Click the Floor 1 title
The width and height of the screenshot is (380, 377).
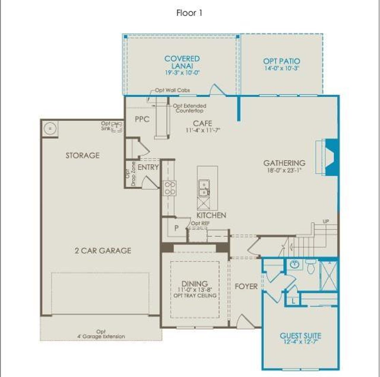(189, 13)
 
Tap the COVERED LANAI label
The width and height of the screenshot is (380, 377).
(182, 62)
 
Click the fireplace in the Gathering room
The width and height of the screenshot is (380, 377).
(332, 157)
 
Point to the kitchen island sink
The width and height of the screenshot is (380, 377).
(204, 189)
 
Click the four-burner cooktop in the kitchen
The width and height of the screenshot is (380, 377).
(170, 188)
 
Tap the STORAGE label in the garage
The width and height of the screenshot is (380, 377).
(83, 155)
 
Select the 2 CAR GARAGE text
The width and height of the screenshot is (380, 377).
(103, 251)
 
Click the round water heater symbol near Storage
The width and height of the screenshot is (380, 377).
(50, 129)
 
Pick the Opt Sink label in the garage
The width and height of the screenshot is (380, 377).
(105, 126)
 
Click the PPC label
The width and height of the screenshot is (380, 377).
(142, 119)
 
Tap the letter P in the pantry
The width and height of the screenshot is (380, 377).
(176, 228)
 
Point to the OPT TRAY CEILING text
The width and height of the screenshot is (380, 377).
(195, 296)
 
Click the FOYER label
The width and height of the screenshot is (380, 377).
(246, 286)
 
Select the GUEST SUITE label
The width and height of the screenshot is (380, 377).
(300, 336)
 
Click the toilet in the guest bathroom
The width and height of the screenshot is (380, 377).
(311, 267)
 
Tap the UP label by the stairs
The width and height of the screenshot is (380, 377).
(326, 222)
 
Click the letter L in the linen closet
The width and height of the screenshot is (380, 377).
(293, 301)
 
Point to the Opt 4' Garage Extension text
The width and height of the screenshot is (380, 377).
(101, 334)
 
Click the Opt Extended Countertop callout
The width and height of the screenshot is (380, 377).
(189, 108)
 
